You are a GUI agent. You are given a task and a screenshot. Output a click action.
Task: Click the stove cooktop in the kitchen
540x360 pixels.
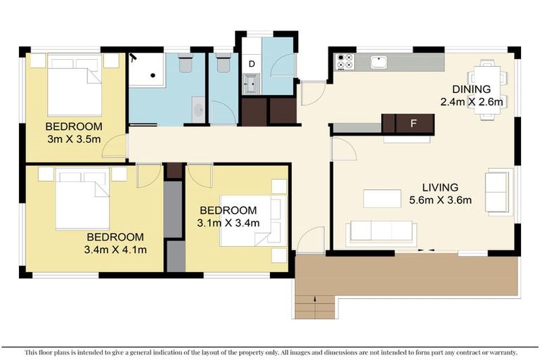point(345,62)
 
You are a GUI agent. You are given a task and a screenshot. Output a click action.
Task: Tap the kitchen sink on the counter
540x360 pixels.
point(379,62)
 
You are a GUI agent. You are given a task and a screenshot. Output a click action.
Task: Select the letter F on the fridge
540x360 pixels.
point(414,124)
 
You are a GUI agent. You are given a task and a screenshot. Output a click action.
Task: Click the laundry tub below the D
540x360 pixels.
point(251,84)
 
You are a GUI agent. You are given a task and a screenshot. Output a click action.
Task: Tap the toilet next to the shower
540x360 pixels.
point(186,64)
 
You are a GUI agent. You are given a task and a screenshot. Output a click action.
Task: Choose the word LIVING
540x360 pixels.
point(440,188)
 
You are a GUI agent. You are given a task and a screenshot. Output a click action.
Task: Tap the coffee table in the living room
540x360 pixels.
point(382,198)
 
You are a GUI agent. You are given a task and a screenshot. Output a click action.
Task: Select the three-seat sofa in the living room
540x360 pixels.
point(380,232)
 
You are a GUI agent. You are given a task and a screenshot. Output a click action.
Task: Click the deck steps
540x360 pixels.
point(314,307)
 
